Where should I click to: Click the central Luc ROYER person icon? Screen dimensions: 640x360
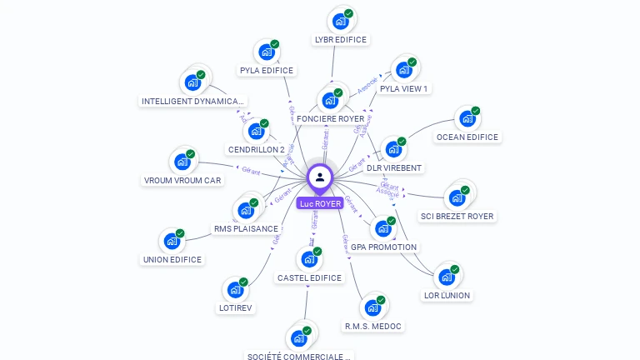pyautogui.click(x=320, y=177)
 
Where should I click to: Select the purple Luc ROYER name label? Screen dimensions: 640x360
pyautogui.click(x=320, y=203)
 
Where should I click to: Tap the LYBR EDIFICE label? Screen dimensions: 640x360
pyautogui.click(x=340, y=39)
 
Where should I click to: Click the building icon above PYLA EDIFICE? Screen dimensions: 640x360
pyautogui.click(x=266, y=52)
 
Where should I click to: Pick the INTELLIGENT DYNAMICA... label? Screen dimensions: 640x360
pyautogui.click(x=193, y=102)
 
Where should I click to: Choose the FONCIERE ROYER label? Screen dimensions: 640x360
pyautogui.click(x=331, y=119)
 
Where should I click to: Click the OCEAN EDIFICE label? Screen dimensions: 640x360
pyautogui.click(x=467, y=137)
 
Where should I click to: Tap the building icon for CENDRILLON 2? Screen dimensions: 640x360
pyautogui.click(x=255, y=131)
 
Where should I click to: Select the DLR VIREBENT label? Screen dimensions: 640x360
pyautogui.click(x=394, y=167)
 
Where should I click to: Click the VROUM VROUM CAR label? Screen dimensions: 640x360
pyautogui.click(x=182, y=180)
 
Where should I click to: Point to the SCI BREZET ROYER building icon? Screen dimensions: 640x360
pyautogui.click(x=456, y=197)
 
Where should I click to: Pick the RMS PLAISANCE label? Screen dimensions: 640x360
pyautogui.click(x=246, y=228)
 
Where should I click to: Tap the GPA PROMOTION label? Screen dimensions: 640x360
pyautogui.click(x=383, y=247)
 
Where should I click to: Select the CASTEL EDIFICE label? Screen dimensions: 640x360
pyautogui.click(x=309, y=277)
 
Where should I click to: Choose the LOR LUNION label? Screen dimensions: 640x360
pyautogui.click(x=447, y=295)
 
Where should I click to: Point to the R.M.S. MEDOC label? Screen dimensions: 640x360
pyautogui.click(x=372, y=326)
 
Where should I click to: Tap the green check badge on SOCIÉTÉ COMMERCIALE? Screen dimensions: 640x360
pyautogui.click(x=307, y=332)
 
